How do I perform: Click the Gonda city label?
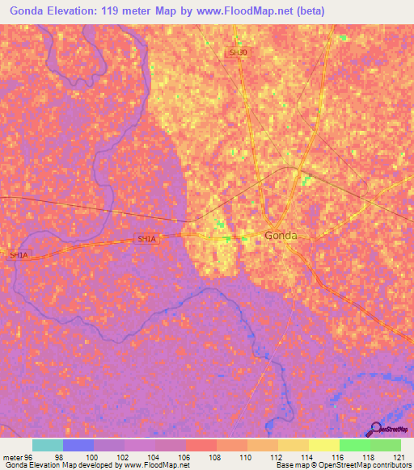(x=281, y=236)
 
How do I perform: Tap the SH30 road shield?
(x=238, y=52)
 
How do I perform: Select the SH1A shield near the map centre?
(x=146, y=239)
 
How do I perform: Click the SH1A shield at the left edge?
(x=19, y=255)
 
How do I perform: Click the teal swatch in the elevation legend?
(x=48, y=445)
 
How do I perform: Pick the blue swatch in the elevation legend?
(x=78, y=445)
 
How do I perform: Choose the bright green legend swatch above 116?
(x=354, y=445)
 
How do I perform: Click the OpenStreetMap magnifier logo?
(x=375, y=428)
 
